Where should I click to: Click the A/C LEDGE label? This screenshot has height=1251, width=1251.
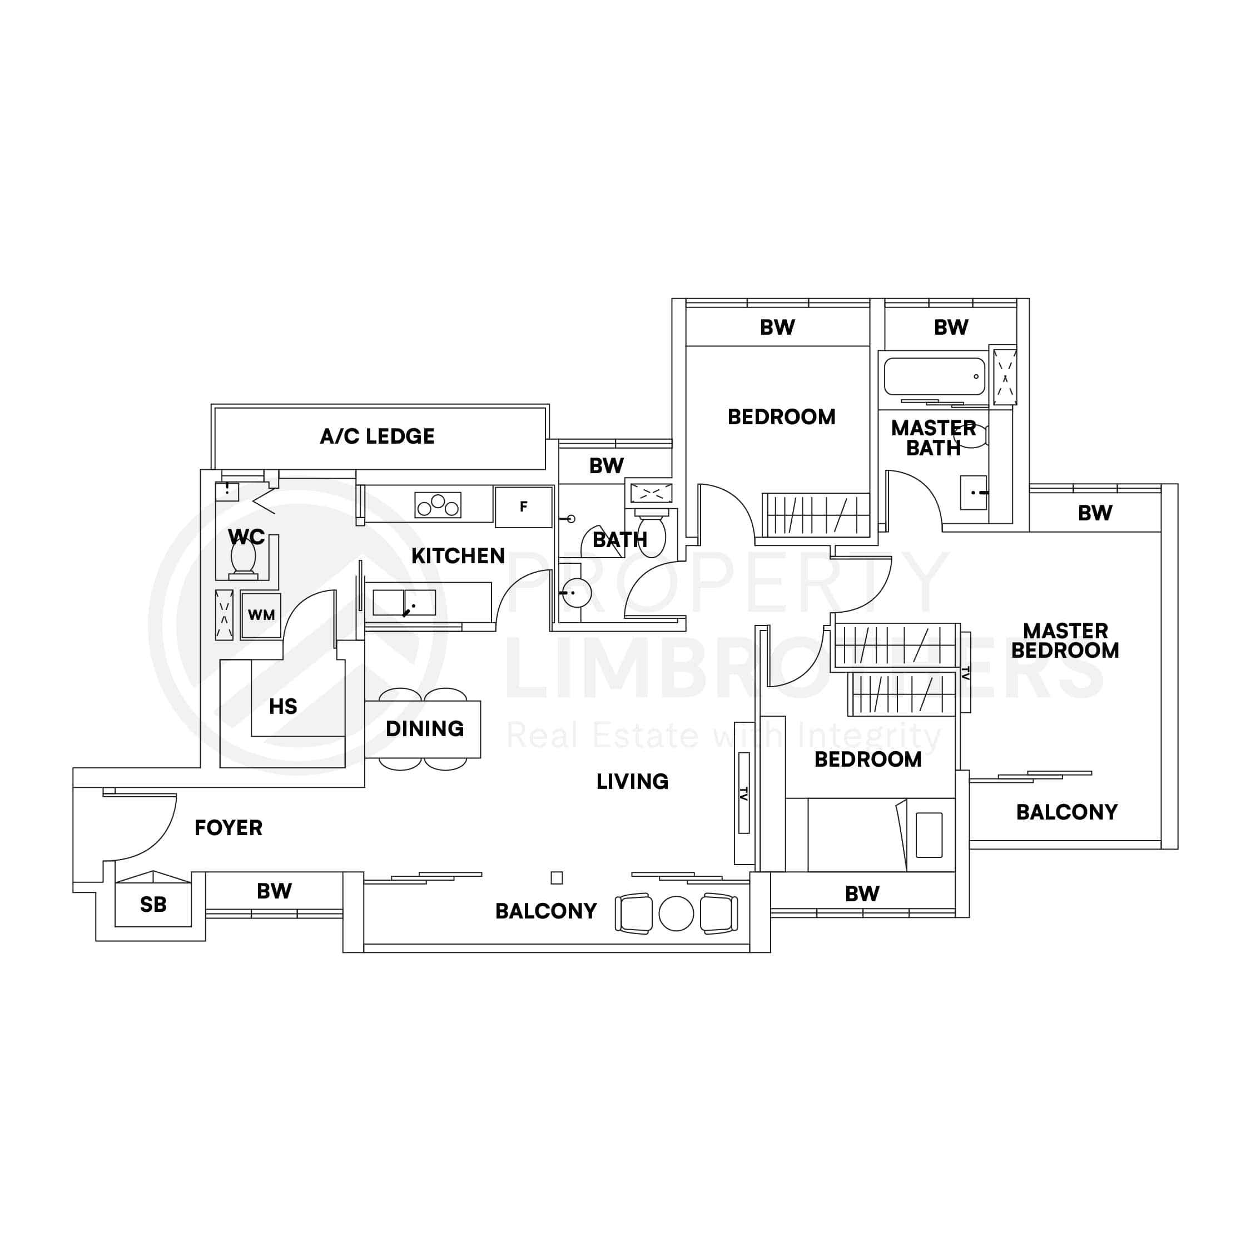coord(377,436)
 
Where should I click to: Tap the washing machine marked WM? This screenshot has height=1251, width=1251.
coord(261,615)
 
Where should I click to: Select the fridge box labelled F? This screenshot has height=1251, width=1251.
coord(523,507)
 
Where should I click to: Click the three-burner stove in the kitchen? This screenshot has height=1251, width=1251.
coord(438,505)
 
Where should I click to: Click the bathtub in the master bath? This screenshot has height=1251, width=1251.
coord(934,376)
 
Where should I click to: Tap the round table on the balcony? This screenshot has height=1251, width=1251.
coord(676,914)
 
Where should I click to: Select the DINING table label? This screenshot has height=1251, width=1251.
coord(424,729)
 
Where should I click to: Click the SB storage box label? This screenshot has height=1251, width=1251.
coord(153,905)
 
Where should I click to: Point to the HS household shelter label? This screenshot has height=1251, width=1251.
coord(283,707)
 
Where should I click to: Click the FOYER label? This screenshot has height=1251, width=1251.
coord(229,827)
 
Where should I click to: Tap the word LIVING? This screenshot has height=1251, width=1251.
coord(632,782)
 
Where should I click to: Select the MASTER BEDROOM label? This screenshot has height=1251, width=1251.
coord(1065,641)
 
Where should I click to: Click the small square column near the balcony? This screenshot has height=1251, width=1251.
coord(556,878)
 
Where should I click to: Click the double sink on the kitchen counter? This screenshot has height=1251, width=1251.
coord(404,603)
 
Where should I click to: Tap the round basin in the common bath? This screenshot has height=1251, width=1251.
coord(576,593)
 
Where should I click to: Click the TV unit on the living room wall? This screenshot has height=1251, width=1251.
coord(743,793)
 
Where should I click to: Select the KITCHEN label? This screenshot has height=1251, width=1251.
coord(458,555)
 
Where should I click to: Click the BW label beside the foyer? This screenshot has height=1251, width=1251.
coord(274,891)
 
